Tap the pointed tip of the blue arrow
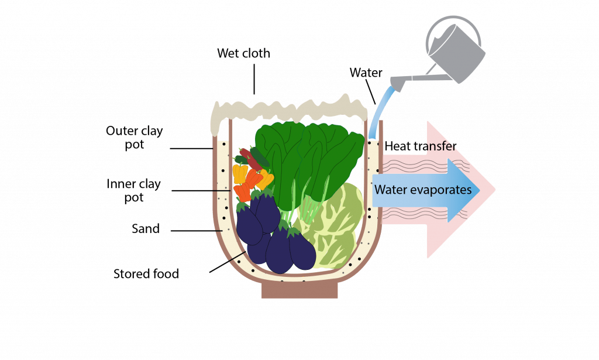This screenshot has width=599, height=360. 479,190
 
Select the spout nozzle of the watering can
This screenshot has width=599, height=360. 397,85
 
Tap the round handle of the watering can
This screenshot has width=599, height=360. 453,32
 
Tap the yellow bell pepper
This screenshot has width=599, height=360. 240,173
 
